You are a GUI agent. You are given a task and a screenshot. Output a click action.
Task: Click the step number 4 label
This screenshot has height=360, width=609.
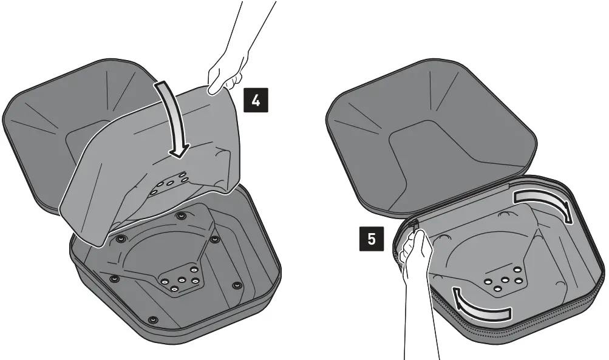tap(256, 101)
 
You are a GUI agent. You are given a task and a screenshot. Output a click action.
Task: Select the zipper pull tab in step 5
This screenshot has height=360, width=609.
tap(414, 226)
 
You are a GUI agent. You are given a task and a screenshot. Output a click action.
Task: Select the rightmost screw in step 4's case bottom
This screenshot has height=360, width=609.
tap(237, 285)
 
